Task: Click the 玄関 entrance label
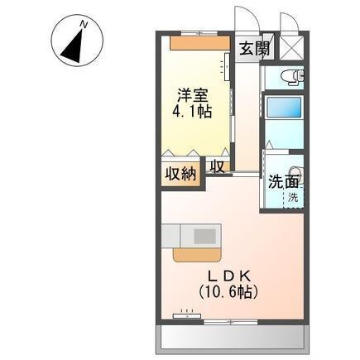coord(253,48)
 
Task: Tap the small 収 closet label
coord(216,166)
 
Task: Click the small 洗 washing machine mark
coord(294,199)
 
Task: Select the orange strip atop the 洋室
coord(195,41)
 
